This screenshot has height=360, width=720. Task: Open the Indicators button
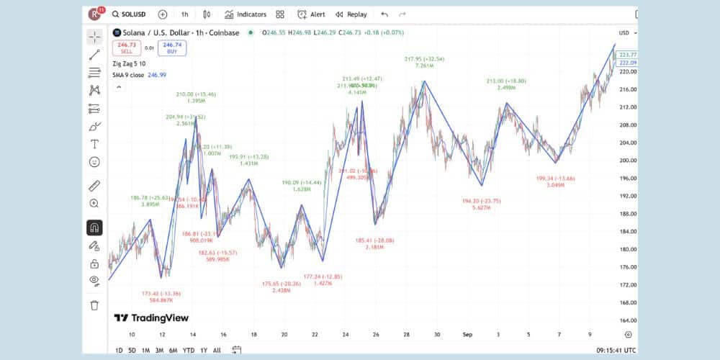click(245, 14)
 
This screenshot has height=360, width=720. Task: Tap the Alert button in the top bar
click(311, 14)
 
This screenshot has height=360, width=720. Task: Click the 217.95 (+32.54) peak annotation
click(424, 59)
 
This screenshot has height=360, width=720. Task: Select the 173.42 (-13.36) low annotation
click(161, 294)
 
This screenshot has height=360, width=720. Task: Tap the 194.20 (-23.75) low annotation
click(481, 201)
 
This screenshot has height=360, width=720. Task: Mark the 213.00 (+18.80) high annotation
click(506, 81)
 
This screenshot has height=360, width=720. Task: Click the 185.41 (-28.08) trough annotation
click(374, 240)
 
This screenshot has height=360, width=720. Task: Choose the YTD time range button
click(189, 350)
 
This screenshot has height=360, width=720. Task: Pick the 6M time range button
click(173, 350)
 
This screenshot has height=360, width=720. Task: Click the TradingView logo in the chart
click(151, 318)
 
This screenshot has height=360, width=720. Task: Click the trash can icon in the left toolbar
click(94, 305)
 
